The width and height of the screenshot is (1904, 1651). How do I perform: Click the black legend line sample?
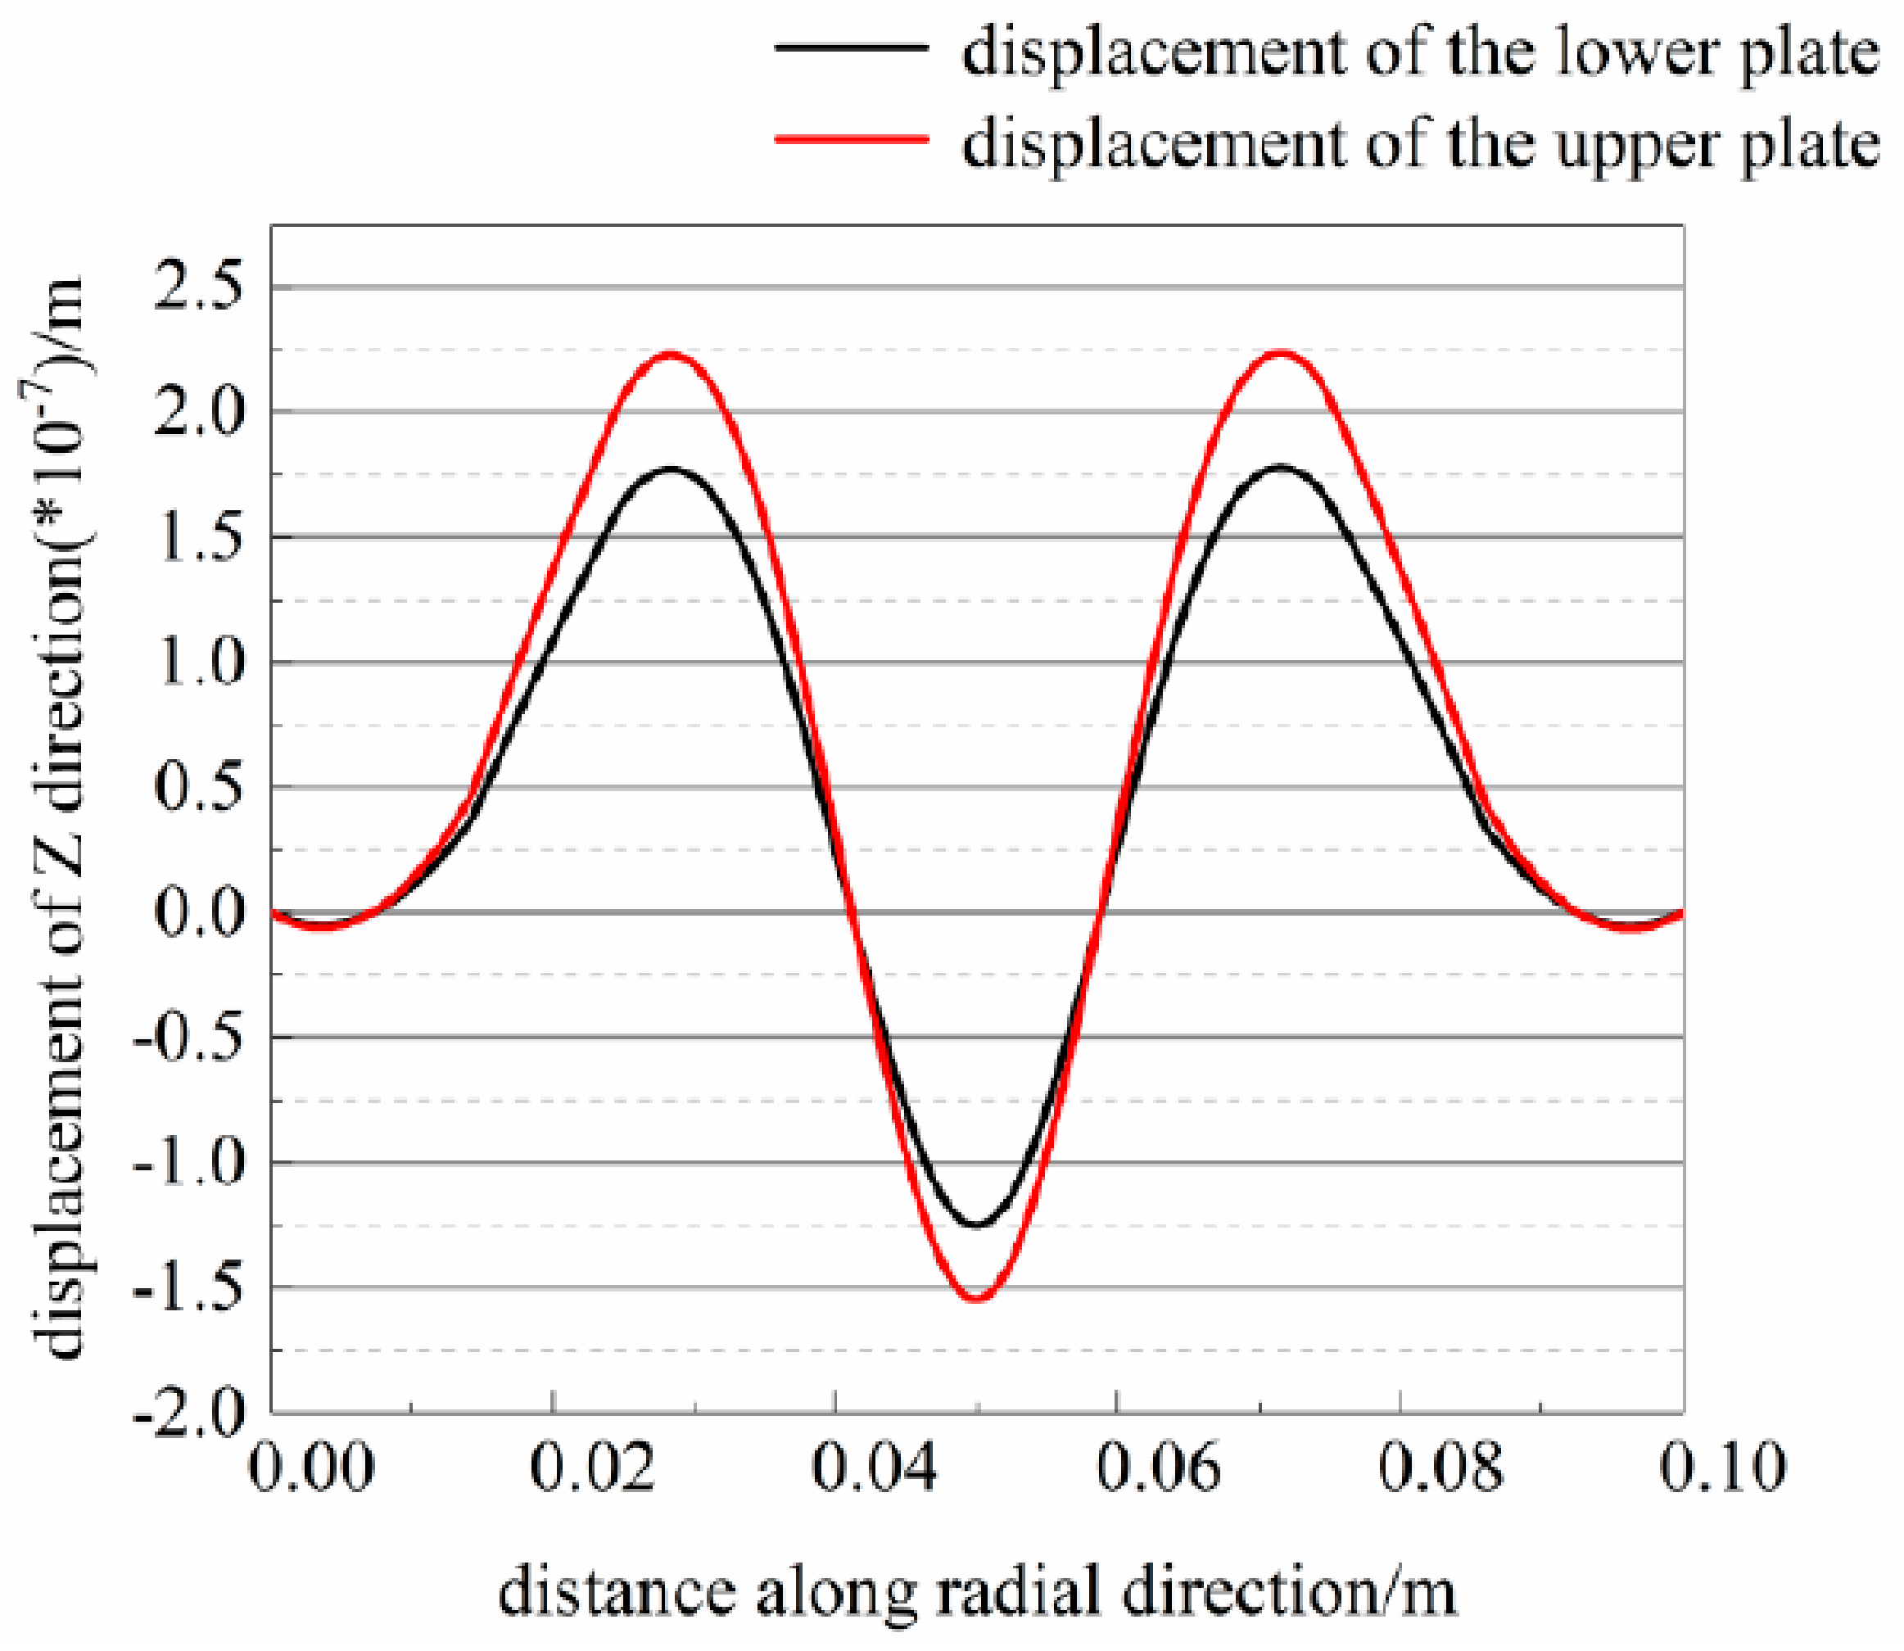pyautogui.click(x=851, y=47)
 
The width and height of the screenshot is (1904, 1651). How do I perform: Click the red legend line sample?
pyautogui.click(x=851, y=138)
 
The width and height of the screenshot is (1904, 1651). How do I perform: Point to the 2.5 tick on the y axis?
pyautogui.click(x=199, y=287)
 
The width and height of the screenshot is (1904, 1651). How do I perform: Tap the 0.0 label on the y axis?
pyautogui.click(x=199, y=913)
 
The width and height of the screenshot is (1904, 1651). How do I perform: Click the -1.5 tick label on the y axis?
pyautogui.click(x=189, y=1288)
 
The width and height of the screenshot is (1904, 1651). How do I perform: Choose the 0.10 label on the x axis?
pyautogui.click(x=1721, y=1468)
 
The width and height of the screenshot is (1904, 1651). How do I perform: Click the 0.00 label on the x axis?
pyautogui.click(x=311, y=1468)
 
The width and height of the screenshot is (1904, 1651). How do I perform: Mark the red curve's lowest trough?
pyautogui.click(x=977, y=1299)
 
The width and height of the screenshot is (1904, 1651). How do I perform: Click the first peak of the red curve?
pyautogui.click(x=672, y=354)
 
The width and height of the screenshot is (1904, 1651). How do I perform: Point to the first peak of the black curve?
pyautogui.click(x=672, y=469)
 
